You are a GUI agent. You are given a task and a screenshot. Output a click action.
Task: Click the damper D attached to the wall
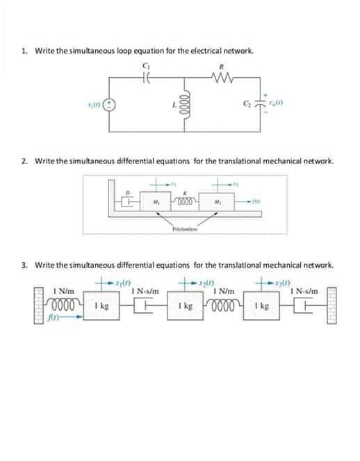(x=128, y=202)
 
